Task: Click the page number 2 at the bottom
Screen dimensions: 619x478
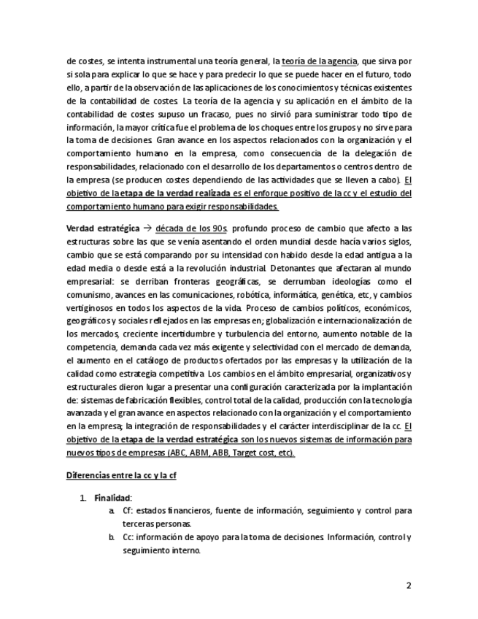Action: pyautogui.click(x=409, y=585)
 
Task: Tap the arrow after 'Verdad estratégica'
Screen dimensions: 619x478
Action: pyautogui.click(x=147, y=228)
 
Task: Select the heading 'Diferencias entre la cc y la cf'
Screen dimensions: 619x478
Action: pyautogui.click(x=122, y=475)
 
